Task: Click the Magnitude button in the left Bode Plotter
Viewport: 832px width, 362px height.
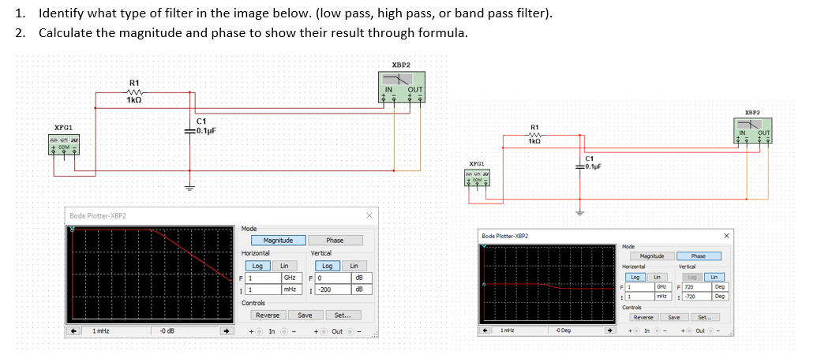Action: tap(278, 240)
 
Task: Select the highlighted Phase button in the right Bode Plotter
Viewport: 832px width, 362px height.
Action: tap(699, 256)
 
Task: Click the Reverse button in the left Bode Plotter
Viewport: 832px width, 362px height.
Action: tap(267, 315)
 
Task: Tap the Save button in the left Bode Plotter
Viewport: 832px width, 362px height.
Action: tap(305, 315)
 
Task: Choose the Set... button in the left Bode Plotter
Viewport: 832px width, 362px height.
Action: tap(343, 315)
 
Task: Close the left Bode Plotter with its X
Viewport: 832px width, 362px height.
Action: tap(369, 215)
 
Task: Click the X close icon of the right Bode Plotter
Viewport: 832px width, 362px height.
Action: tap(726, 236)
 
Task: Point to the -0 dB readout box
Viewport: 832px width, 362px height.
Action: tap(185, 331)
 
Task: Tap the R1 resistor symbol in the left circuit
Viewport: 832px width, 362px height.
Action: tap(134, 91)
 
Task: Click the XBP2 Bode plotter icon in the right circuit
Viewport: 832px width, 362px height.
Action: tap(755, 128)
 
